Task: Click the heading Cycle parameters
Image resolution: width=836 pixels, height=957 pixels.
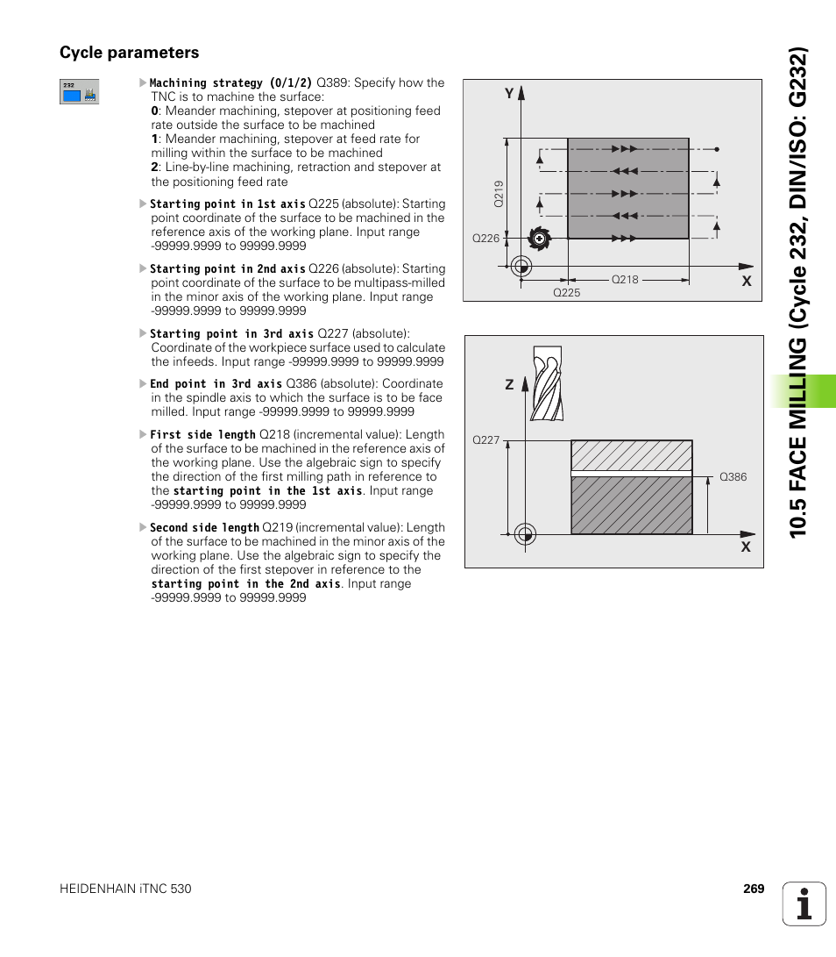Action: [129, 53]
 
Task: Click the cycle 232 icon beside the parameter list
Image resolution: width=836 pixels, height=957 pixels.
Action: [79, 92]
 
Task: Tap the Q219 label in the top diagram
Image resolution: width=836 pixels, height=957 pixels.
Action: [499, 193]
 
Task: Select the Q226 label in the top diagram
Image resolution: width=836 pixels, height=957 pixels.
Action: [485, 239]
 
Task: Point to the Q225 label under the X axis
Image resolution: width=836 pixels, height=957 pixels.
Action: [566, 293]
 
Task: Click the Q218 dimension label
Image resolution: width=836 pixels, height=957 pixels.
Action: [625, 279]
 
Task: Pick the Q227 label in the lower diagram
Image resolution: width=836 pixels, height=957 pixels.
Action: [485, 440]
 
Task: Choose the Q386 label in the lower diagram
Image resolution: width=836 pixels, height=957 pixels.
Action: [733, 477]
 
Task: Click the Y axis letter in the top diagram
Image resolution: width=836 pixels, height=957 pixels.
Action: [507, 92]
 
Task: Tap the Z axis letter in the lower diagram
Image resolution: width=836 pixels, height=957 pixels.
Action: [509, 385]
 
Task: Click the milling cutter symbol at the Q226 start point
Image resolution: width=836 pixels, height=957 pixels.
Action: [537, 238]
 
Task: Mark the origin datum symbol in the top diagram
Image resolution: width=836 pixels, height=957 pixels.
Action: [521, 265]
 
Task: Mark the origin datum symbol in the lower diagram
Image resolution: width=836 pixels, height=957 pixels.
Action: [524, 533]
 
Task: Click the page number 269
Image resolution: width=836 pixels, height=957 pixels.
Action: [754, 889]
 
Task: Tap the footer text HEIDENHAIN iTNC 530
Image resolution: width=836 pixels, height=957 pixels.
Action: [125, 889]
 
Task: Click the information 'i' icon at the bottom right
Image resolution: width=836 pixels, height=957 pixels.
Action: [804, 903]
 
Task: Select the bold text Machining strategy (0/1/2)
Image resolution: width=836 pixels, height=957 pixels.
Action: [231, 83]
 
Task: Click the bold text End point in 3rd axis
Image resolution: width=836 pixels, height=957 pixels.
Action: [216, 384]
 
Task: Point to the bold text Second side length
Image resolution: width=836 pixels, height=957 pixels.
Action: [204, 528]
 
